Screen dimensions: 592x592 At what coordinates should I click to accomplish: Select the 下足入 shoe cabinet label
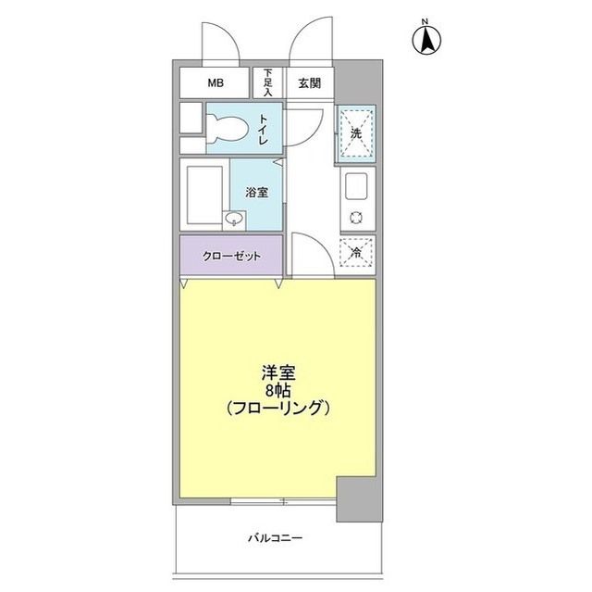coord(268,82)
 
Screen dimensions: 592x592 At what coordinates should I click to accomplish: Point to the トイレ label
coord(265,129)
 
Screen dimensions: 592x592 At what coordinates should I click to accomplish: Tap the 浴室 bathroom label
coord(256,193)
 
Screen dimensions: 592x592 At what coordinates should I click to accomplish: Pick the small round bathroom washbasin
coord(234,220)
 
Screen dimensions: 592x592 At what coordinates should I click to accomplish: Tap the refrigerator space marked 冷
coord(356,251)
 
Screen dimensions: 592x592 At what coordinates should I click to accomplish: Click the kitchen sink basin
coord(356,188)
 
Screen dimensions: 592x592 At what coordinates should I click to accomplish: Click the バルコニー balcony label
coord(275,537)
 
